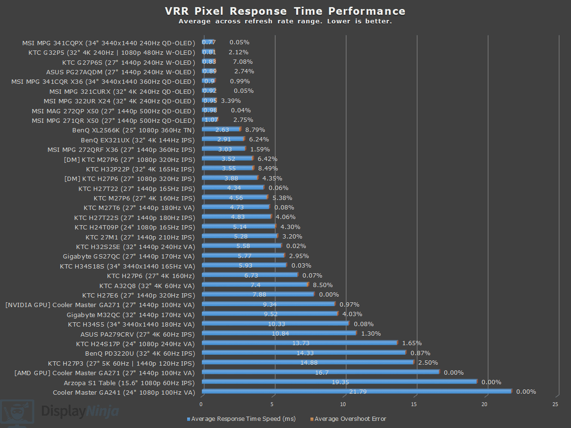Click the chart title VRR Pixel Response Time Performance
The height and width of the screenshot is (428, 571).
click(x=285, y=11)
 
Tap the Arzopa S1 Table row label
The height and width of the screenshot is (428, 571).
click(x=130, y=382)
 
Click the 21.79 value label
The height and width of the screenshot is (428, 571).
click(x=357, y=392)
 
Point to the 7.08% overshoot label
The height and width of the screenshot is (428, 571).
click(x=242, y=62)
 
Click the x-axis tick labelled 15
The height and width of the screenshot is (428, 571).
click(x=414, y=404)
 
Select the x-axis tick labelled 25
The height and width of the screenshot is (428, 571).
click(x=555, y=404)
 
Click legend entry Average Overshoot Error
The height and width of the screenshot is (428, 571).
click(x=350, y=419)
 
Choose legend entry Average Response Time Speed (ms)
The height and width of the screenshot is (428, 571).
click(x=243, y=419)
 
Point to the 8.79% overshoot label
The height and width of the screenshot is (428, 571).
click(x=255, y=129)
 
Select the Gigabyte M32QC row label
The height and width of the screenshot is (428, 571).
click(x=131, y=314)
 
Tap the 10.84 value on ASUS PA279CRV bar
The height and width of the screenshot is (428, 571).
click(x=279, y=334)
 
